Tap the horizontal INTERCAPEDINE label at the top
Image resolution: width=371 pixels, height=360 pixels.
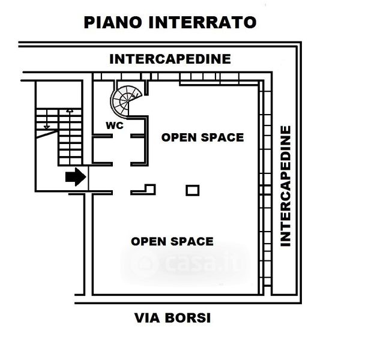(170, 59)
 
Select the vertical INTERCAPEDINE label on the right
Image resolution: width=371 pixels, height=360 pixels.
(286, 186)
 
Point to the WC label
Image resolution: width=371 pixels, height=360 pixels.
(115, 126)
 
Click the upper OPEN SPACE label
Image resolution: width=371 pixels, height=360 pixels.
(202, 137)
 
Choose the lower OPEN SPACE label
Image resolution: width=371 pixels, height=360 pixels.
(172, 241)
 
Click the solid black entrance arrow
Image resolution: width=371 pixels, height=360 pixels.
(75, 178)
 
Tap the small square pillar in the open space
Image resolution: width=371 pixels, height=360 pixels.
(192, 190)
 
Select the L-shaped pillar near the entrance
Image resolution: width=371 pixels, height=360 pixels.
(147, 190)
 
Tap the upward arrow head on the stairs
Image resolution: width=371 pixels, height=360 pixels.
(70, 111)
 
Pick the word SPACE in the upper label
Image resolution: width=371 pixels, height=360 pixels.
(223, 137)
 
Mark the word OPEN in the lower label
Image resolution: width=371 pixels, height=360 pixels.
(148, 241)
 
